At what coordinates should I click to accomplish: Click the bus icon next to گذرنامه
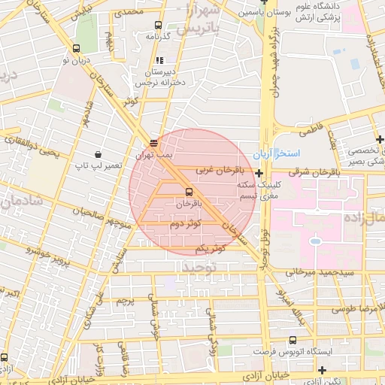(156, 24)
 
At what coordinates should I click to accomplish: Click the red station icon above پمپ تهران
(153, 141)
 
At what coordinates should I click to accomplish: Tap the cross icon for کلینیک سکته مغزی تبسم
(259, 173)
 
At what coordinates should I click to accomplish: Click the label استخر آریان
(271, 153)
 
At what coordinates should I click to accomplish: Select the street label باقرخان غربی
(221, 171)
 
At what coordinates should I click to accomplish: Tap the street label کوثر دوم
(185, 224)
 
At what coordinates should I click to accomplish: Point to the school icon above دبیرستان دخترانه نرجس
(159, 61)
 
